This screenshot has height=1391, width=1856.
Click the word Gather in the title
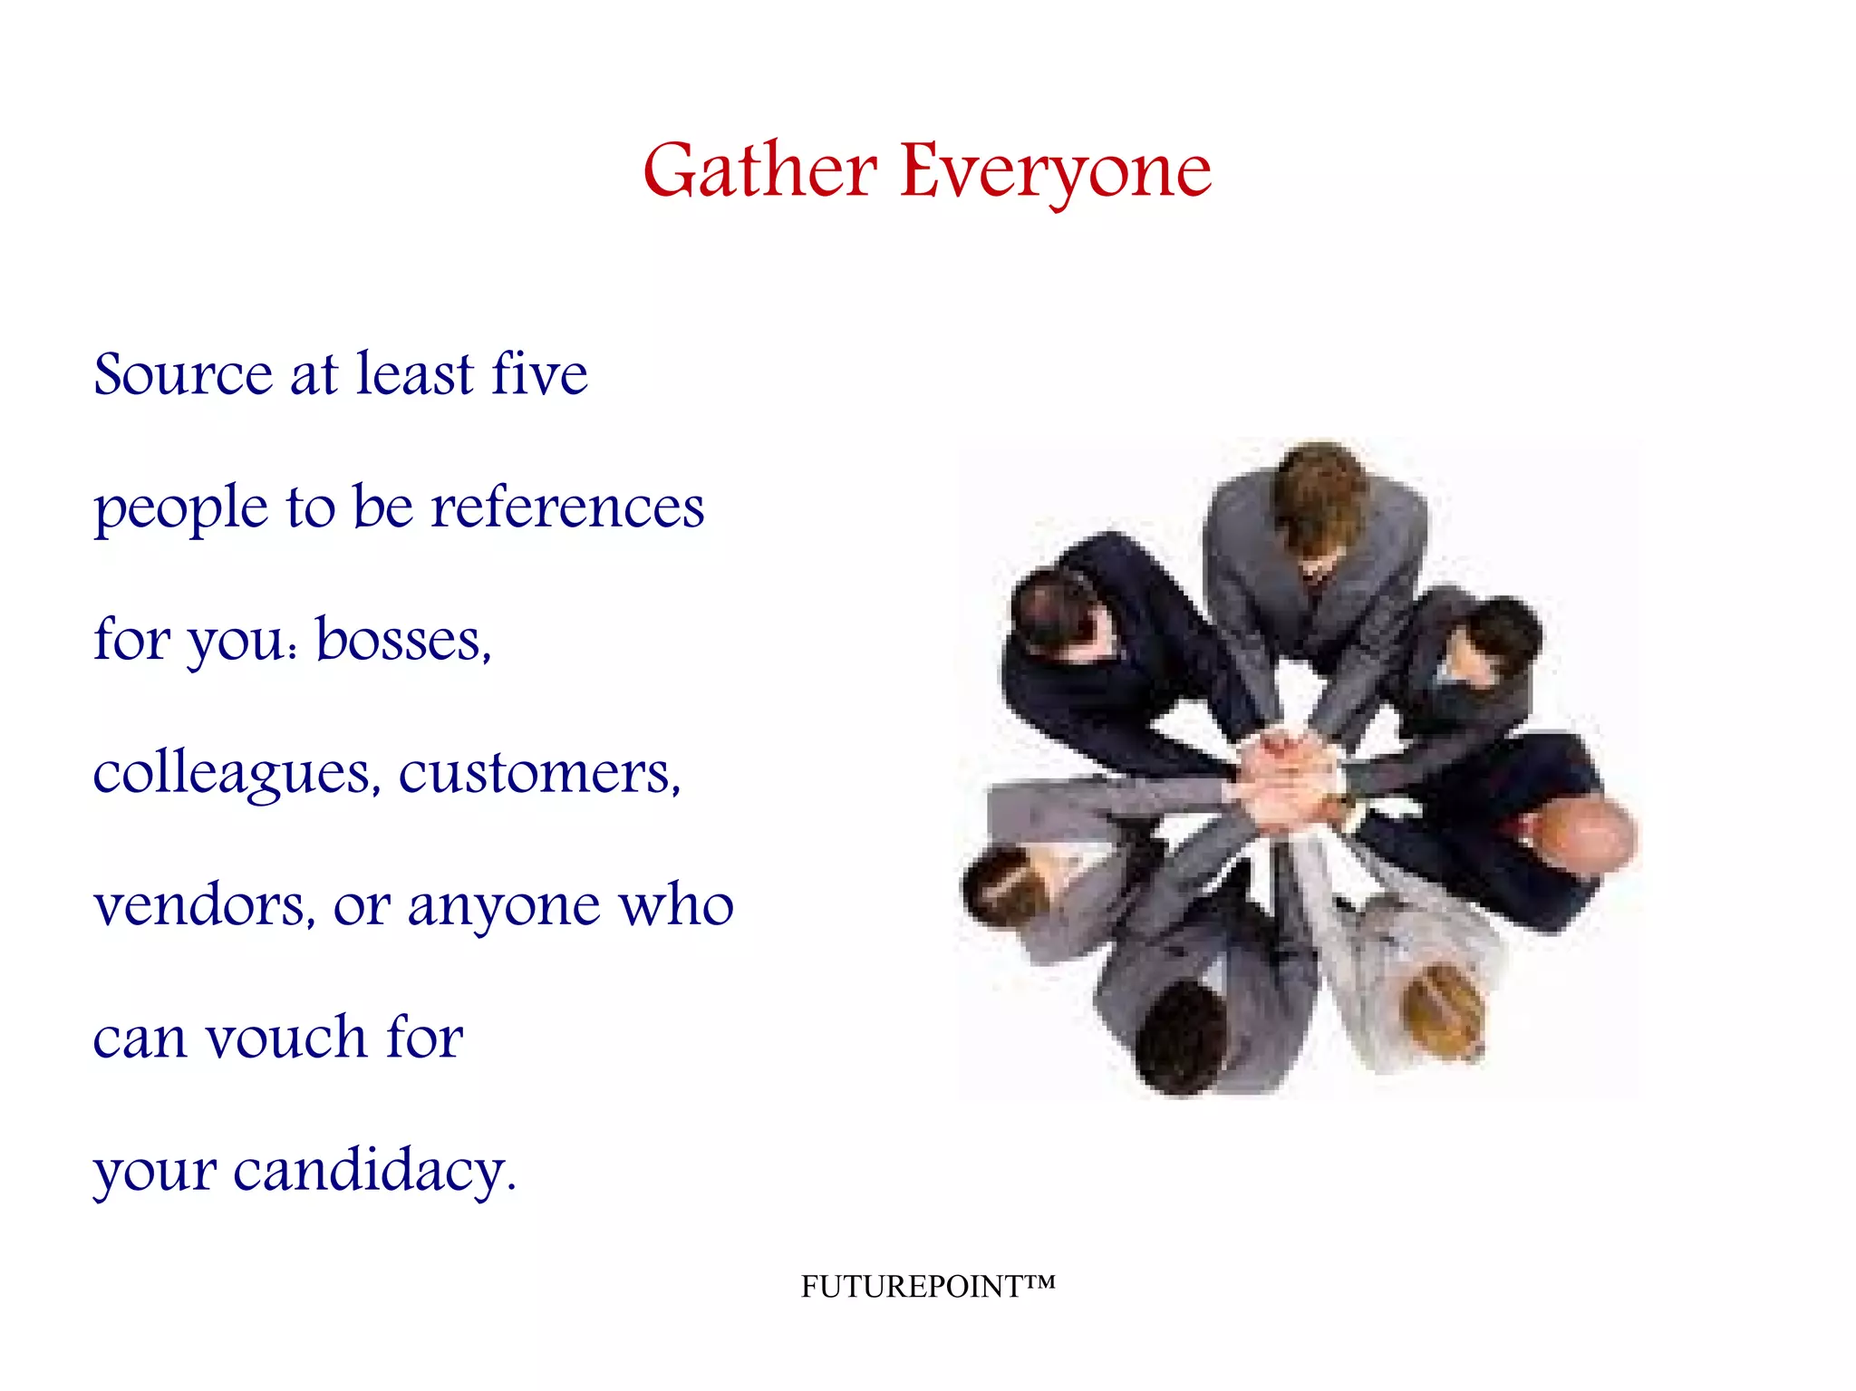coord(759,171)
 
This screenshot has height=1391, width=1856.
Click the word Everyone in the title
coord(1055,171)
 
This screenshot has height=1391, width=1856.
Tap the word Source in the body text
coord(182,374)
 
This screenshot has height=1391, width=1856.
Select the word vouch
coord(285,1038)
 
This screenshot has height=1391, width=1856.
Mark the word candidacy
coord(373,1170)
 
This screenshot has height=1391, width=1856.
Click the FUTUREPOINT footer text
coord(927,1286)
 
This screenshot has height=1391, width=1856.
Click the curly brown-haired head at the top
coord(1319,490)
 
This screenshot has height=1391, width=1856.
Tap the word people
coord(181,509)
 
